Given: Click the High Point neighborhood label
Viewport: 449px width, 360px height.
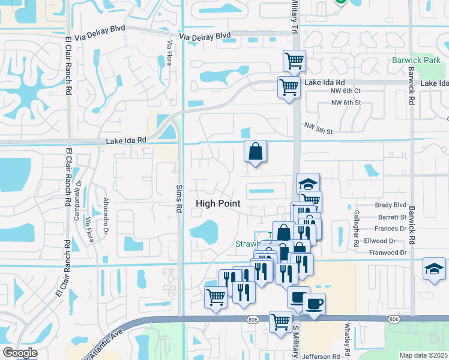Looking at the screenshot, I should [218, 204].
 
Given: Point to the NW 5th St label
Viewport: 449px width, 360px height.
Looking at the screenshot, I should [318, 128].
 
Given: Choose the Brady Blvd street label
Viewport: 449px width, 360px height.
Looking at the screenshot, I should [391, 205].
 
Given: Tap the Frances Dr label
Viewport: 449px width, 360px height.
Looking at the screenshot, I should [390, 229].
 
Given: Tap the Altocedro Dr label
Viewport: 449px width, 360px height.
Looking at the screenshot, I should [106, 215].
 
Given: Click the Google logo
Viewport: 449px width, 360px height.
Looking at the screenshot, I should [20, 353].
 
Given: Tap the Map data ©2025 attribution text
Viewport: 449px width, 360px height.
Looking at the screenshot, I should [423, 355].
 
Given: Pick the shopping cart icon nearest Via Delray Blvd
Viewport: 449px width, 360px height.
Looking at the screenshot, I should [294, 60].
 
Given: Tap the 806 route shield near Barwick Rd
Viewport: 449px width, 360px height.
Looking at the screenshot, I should [394, 319].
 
